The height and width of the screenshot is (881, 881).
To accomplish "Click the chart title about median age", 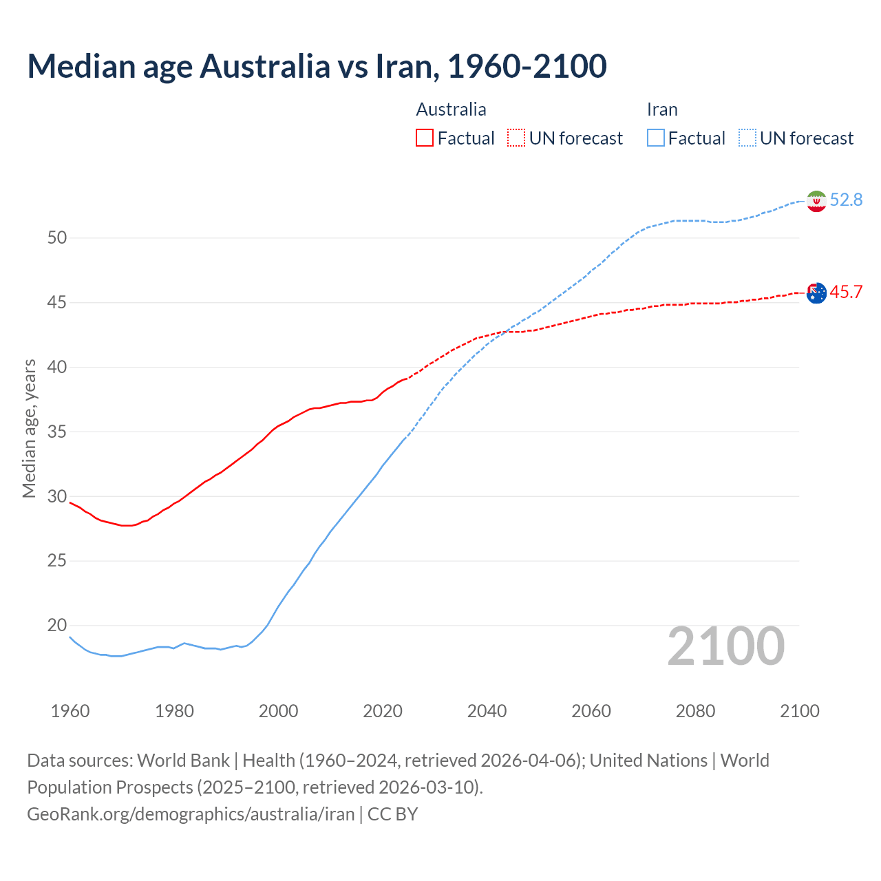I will point(317,66).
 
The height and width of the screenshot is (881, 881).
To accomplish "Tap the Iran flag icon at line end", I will point(816,201).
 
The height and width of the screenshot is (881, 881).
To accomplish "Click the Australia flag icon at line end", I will point(816,293).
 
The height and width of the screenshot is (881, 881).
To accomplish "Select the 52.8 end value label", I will point(846,200).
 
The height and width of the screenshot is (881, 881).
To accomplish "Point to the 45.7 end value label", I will point(846,292).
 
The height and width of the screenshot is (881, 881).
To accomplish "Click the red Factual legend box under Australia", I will point(425,138).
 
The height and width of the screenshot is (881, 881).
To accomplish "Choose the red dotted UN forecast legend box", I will point(516,138).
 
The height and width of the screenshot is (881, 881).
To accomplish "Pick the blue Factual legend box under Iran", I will point(656,138).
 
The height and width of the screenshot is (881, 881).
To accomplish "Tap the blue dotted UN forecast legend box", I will point(747,138).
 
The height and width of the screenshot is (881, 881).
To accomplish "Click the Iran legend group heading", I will point(662,109).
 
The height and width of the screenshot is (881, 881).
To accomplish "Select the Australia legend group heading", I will point(451,109).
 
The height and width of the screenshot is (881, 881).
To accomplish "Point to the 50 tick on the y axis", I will point(57,238).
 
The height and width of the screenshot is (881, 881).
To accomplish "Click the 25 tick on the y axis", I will point(57,561).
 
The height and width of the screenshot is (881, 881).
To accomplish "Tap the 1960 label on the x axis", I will point(70,711).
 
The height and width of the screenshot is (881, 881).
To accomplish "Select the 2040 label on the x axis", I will point(487,711).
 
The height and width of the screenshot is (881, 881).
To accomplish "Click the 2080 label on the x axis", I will point(695,711).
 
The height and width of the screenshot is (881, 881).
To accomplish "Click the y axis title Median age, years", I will point(29,428).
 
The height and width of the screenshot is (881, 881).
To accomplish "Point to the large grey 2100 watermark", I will point(726,646).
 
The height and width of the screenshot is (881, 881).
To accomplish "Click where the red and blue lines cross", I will point(506,332).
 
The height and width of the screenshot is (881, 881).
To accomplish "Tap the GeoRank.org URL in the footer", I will point(191,814).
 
